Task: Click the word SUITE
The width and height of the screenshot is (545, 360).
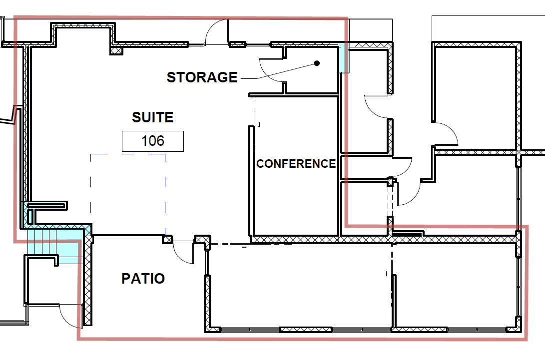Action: [152, 117]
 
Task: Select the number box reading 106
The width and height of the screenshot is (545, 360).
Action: [153, 141]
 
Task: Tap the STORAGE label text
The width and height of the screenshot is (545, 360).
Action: [202, 77]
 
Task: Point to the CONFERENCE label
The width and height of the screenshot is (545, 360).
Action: [296, 164]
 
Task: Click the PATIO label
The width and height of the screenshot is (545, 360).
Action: [143, 279]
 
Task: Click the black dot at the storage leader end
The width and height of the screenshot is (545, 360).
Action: [316, 63]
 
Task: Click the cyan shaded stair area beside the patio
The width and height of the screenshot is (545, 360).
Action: [52, 245]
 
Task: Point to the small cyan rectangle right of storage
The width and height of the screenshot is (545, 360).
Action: [344, 57]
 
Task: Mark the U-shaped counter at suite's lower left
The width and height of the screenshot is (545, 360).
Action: [47, 206]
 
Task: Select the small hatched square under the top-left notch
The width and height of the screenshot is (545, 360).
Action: [116, 50]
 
